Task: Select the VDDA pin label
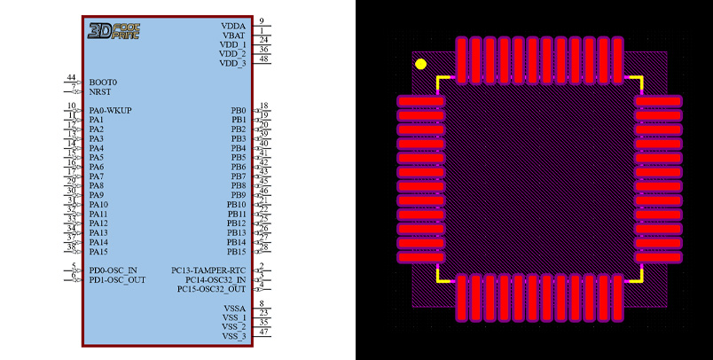pyautogui.click(x=233, y=26)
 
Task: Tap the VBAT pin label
pyautogui.click(x=233, y=35)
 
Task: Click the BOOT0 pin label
pyautogui.click(x=103, y=82)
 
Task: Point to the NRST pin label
pyautogui.click(x=100, y=91)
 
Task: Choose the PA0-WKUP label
pyautogui.click(x=110, y=110)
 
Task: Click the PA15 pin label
pyautogui.click(x=98, y=252)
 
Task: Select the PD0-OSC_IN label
pyautogui.click(x=113, y=270)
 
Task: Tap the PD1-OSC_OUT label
pyautogui.click(x=117, y=280)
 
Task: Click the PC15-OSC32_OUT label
pyautogui.click(x=211, y=289)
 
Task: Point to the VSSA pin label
pyautogui.click(x=235, y=308)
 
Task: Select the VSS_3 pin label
pyautogui.click(x=234, y=336)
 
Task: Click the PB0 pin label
pyautogui.click(x=239, y=110)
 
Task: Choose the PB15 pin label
pyautogui.click(x=236, y=252)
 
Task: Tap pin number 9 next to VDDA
pyautogui.click(x=262, y=21)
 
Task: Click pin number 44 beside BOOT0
pyautogui.click(x=71, y=78)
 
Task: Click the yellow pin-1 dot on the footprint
pyautogui.click(x=421, y=64)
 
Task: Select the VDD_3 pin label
pyautogui.click(x=232, y=64)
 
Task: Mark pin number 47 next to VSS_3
pyautogui.click(x=263, y=332)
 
